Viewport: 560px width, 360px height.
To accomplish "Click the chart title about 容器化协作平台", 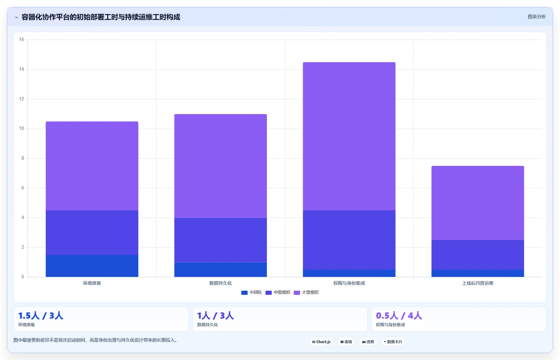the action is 101,17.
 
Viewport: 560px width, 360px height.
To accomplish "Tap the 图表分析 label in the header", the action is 537,17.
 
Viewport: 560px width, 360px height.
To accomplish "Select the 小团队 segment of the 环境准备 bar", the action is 92,266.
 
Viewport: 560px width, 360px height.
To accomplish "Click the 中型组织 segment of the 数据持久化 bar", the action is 220,240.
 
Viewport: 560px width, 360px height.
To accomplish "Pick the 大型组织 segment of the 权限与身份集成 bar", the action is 349,136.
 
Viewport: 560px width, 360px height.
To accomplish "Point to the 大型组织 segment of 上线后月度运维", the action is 478,203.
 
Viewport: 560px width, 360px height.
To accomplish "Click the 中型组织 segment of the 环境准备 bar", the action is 92,232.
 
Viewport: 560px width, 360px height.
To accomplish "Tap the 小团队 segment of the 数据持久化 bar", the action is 220,270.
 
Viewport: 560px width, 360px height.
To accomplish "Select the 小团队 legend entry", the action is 251,292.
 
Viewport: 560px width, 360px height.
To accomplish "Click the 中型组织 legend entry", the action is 278,292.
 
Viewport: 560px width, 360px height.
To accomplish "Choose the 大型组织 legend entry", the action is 306,292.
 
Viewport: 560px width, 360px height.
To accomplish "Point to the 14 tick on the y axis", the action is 21,69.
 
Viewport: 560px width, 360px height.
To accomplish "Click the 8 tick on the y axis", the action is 23,158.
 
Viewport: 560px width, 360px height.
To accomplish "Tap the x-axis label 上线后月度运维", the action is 478,283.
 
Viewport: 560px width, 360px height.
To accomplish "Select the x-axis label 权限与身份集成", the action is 349,283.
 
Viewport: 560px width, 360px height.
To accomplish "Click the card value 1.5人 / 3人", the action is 41,316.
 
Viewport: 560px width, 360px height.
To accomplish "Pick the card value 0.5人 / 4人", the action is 399,316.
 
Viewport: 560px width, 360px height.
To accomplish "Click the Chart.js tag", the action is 321,342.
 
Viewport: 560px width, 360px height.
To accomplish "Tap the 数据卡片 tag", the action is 393,342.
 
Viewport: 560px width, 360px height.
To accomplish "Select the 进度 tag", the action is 368,342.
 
